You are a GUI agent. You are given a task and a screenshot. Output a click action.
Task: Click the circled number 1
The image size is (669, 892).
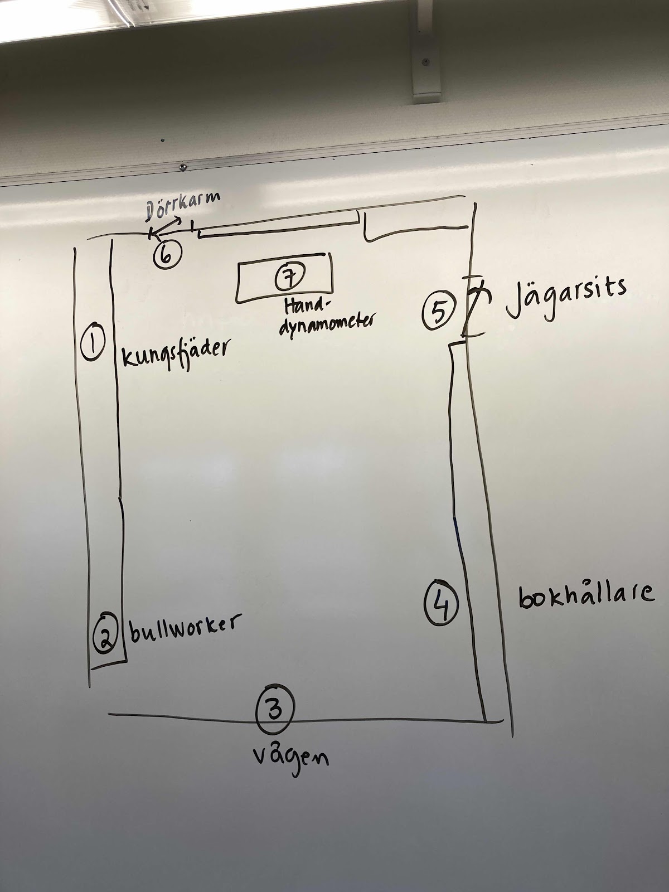[93, 342]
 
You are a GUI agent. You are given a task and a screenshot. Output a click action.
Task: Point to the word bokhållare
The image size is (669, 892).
[585, 595]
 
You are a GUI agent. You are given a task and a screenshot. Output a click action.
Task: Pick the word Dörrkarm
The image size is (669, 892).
[182, 207]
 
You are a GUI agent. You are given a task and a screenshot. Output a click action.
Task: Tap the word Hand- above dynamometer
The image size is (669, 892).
[307, 306]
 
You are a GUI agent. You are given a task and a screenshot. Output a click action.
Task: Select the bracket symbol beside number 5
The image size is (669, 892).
[474, 307]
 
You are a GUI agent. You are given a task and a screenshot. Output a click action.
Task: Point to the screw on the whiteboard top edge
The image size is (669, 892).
[183, 166]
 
